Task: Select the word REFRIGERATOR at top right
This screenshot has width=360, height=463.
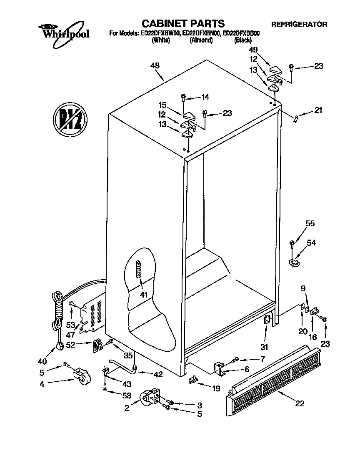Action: click(299, 25)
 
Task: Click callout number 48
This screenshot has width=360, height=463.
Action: click(155, 65)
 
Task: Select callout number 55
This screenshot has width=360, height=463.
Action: click(310, 224)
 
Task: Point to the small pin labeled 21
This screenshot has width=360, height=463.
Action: click(295, 119)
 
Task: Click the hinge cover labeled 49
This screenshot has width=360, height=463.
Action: click(275, 69)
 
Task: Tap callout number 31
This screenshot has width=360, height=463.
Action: click(264, 347)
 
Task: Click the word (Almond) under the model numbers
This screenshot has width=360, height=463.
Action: click(201, 41)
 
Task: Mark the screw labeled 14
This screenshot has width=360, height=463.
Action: click(183, 98)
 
